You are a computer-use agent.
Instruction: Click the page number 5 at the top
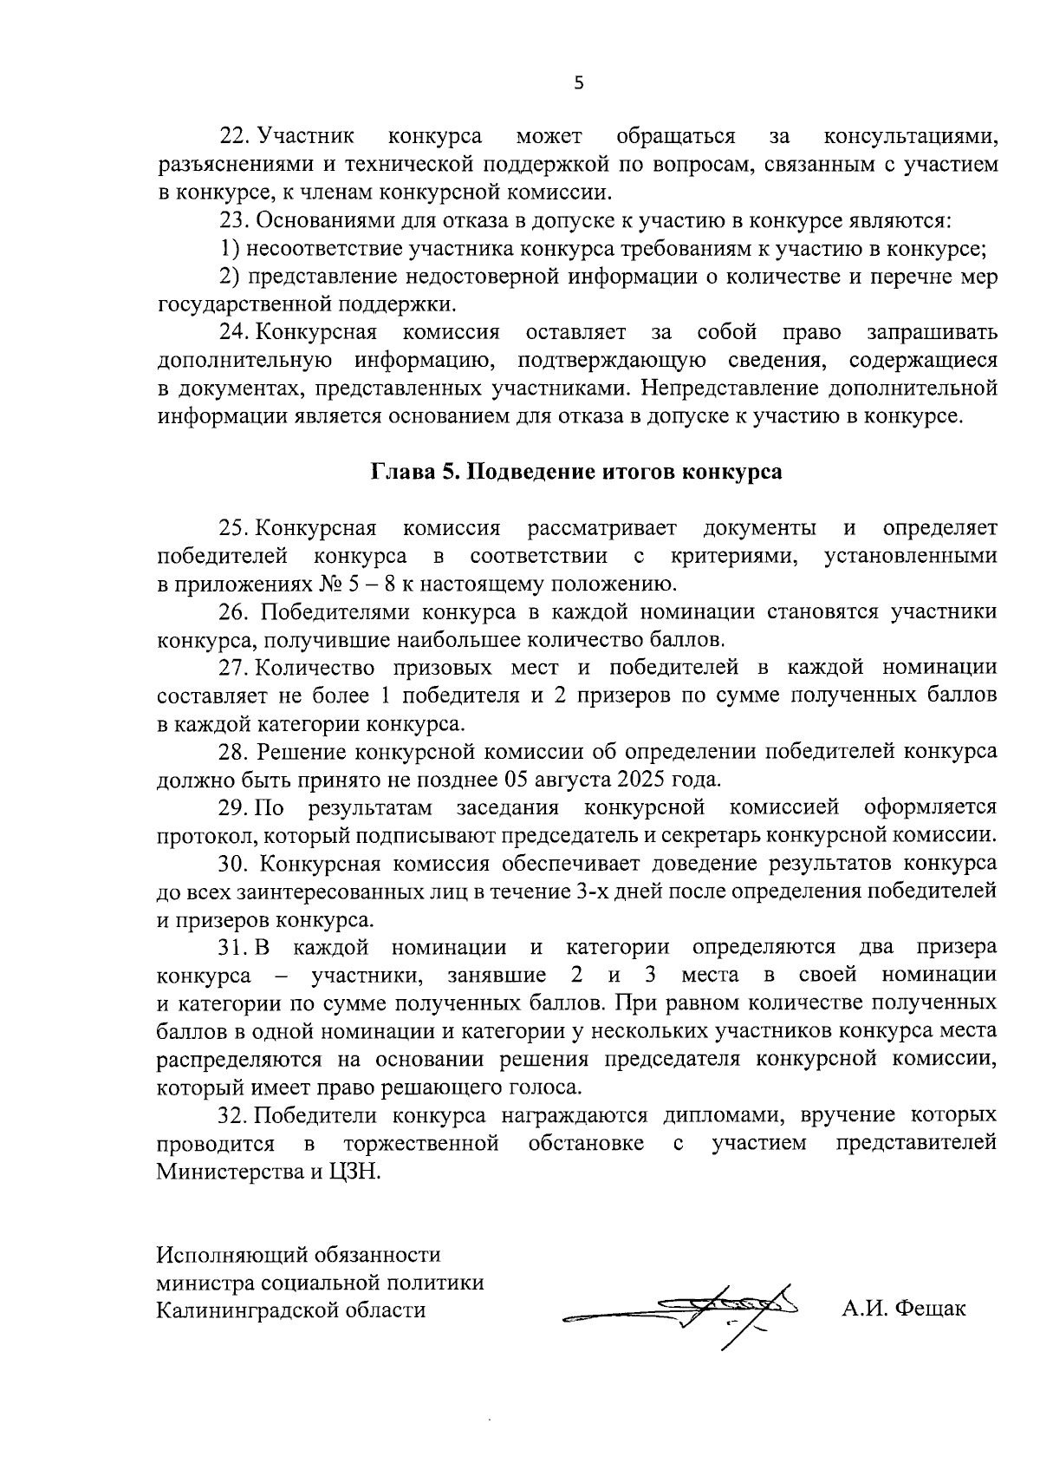point(579,83)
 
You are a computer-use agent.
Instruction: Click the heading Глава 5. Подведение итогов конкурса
point(576,472)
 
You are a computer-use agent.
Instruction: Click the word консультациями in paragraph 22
point(910,136)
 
